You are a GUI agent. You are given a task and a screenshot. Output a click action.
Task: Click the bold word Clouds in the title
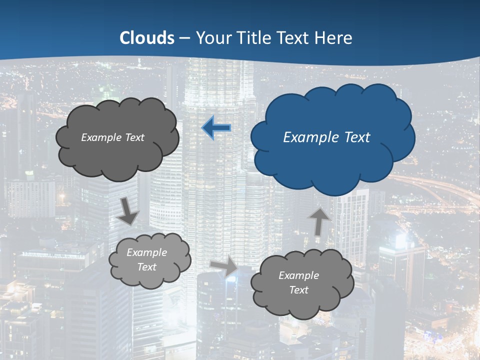pos(147,37)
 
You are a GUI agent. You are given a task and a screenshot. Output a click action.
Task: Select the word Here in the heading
pos(335,37)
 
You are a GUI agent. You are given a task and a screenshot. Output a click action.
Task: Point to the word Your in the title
pos(213,37)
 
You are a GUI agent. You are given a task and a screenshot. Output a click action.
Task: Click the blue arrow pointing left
pos(216,128)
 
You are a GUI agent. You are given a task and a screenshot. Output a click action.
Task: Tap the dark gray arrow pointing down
pos(128,211)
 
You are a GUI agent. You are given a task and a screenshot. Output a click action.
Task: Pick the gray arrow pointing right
pos(225,265)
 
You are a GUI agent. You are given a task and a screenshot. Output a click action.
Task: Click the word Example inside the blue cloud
pos(310,137)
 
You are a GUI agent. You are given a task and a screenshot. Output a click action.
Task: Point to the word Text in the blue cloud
pos(356,137)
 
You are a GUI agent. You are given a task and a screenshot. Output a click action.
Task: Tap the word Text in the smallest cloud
pos(147,267)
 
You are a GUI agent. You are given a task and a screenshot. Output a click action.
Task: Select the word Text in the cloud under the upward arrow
pos(299,290)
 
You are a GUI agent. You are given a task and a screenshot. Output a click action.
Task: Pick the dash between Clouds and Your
pos(185,38)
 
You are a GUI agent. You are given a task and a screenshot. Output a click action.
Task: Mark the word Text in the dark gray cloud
pos(134,137)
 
